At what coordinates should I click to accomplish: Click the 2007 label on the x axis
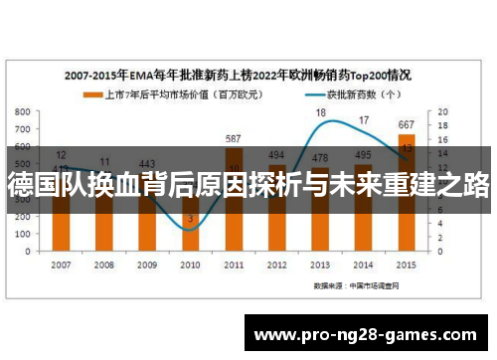tap(62, 265)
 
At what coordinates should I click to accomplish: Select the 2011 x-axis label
tap(235, 265)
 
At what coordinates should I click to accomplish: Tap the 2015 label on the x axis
tap(406, 265)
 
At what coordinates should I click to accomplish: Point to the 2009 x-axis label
tap(148, 265)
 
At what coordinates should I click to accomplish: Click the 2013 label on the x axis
tap(320, 265)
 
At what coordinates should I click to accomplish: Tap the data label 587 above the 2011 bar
tap(235, 139)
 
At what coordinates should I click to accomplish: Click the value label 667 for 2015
tap(406, 125)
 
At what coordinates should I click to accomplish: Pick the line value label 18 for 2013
tap(320, 113)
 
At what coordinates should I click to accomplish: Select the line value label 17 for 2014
tap(364, 120)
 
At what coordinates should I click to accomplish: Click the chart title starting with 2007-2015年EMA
tap(239, 75)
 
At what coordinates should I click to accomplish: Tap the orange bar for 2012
tap(277, 224)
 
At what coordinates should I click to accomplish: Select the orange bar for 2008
tap(105, 224)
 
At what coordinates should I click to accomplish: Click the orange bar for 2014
tap(363, 224)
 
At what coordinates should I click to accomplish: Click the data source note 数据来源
tap(356, 285)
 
